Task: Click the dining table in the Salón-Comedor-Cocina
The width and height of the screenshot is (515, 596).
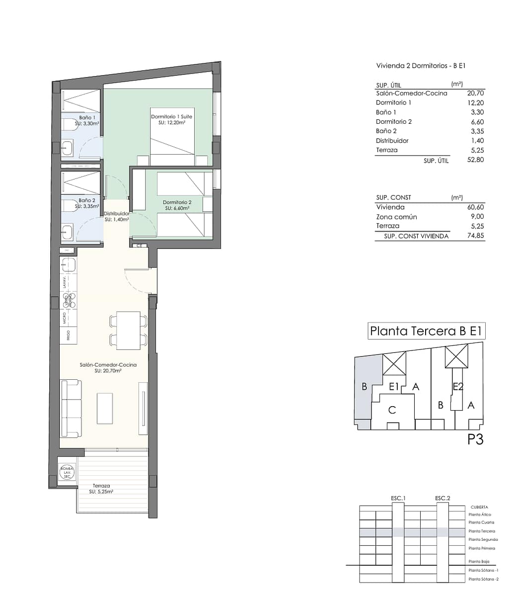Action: tap(128, 331)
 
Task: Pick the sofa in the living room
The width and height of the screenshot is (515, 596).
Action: tap(70, 408)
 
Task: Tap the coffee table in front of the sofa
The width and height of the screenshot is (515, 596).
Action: tap(104, 409)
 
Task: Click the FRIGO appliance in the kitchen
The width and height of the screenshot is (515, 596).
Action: tap(68, 335)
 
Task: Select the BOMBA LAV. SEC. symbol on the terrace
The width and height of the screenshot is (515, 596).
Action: tap(67, 472)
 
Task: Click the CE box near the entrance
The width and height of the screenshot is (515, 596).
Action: tap(140, 245)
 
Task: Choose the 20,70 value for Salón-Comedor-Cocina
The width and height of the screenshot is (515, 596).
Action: tap(475, 93)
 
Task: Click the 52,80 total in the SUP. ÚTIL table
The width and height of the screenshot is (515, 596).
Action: tap(475, 160)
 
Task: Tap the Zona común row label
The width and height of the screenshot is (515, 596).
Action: tap(396, 217)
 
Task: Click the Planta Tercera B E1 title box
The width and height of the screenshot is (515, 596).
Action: tap(426, 331)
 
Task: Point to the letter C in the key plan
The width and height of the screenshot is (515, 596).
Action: tap(392, 410)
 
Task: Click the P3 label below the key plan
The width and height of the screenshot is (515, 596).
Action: tap(475, 439)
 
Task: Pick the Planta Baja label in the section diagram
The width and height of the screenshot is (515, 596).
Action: tap(479, 561)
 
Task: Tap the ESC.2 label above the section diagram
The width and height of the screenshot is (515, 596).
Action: tap(442, 498)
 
